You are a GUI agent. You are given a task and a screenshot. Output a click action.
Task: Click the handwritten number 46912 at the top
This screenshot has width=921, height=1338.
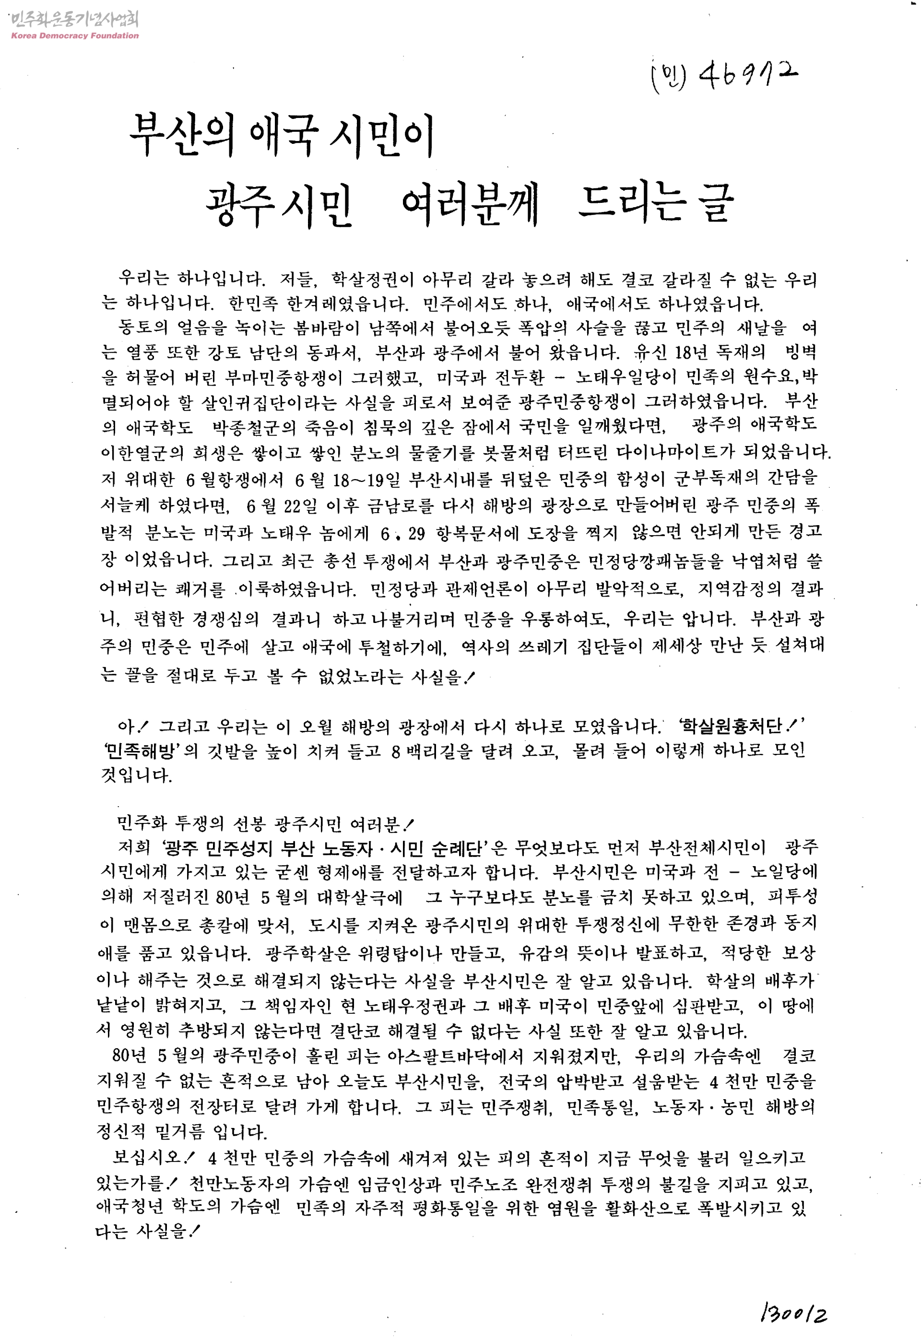coord(748,76)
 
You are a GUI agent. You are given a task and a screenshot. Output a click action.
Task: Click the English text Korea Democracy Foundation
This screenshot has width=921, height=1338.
coord(75,36)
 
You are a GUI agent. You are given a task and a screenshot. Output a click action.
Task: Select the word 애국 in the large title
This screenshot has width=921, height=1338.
coord(283,134)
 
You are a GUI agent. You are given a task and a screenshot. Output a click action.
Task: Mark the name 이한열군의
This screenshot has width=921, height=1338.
coord(142,452)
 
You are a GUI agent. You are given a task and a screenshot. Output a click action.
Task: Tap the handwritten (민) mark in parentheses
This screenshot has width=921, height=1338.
coord(669,76)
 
